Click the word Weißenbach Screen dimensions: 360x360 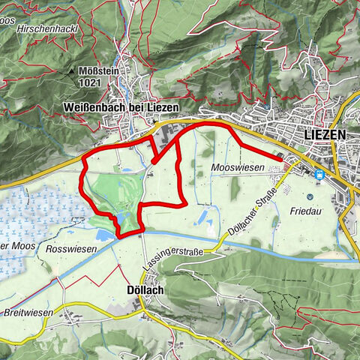(x=106, y=108)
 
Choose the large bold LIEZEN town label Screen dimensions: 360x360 (x=325, y=134)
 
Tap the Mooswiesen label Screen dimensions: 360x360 (x=238, y=168)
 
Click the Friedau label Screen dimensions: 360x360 (x=305, y=211)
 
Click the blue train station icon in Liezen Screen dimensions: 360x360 (x=320, y=175)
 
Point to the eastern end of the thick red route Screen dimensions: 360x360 (x=283, y=158)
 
